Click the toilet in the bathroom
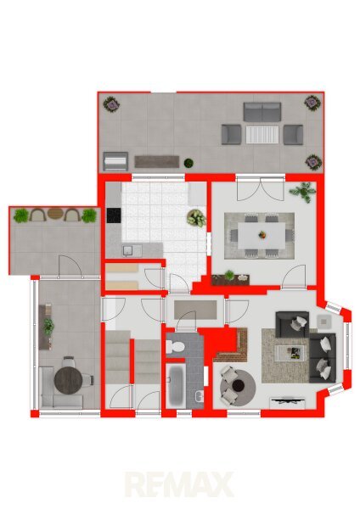(174, 347)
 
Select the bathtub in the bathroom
(177, 386)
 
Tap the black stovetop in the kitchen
(114, 215)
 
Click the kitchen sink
(132, 250)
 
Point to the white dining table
(262, 235)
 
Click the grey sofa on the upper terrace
(262, 112)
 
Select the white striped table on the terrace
(262, 135)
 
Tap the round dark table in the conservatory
(68, 380)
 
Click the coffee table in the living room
(290, 353)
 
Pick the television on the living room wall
(287, 401)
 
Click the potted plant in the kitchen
(196, 218)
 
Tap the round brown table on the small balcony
(55, 214)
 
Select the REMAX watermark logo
(180, 484)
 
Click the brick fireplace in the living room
(235, 349)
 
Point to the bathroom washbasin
(200, 396)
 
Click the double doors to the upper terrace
(261, 189)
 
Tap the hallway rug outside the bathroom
(195, 310)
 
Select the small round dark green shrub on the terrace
(188, 163)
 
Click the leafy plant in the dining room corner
(303, 193)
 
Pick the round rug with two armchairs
(238, 385)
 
